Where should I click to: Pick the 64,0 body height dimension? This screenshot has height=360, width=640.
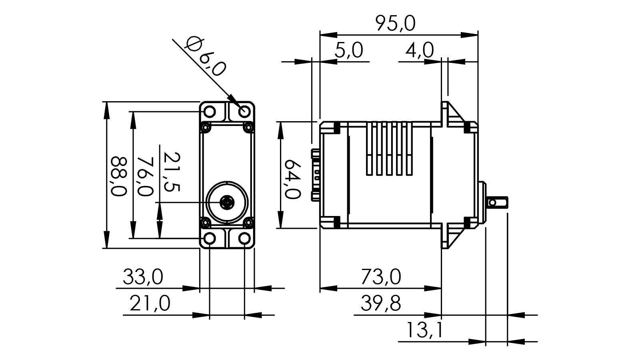tap(292, 179)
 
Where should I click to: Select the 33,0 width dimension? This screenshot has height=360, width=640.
tap(143, 277)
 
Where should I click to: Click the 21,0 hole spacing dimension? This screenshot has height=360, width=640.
tap(150, 304)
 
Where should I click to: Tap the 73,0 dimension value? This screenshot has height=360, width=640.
tap(381, 277)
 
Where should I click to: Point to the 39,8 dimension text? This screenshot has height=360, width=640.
tap(381, 304)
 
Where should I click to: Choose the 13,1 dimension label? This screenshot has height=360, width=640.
tap(425, 330)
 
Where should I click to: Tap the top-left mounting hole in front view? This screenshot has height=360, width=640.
tap(210, 111)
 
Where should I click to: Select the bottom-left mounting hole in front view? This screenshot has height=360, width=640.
tap(210, 239)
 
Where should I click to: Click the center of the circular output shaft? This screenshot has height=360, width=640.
tap(227, 203)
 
